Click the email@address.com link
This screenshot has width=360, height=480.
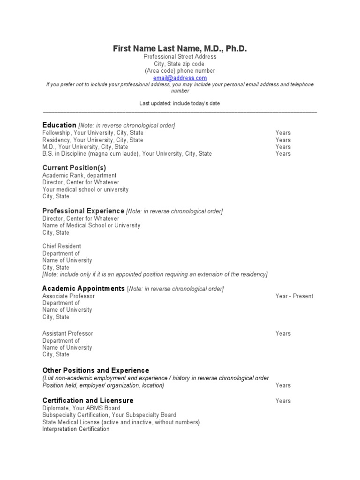tap(180, 78)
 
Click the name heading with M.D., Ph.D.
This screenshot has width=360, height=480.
tap(180, 49)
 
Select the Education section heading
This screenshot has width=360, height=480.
tap(59, 125)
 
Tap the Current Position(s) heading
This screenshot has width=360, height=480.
tap(74, 168)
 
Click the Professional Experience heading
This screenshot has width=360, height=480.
tap(83, 211)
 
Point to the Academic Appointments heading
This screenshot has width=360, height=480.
tap(83, 288)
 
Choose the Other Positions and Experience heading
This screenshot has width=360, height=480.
tap(96, 370)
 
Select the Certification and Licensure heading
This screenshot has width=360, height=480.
tap(88, 400)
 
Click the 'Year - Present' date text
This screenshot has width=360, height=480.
tap(294, 296)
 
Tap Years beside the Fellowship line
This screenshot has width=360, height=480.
tap(283, 133)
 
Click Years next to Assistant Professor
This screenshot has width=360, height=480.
tap(283, 334)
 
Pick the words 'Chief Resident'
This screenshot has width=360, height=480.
tap(61, 246)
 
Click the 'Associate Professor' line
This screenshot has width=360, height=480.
tap(68, 296)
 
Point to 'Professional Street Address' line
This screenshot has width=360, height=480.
tap(180, 57)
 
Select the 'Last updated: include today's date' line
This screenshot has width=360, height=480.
tap(180, 104)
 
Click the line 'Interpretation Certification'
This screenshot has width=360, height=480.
tap(76, 429)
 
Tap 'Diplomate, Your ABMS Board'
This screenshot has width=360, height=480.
tap(81, 408)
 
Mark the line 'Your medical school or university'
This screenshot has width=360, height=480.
tap(85, 190)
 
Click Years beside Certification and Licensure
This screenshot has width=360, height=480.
tap(283, 401)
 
